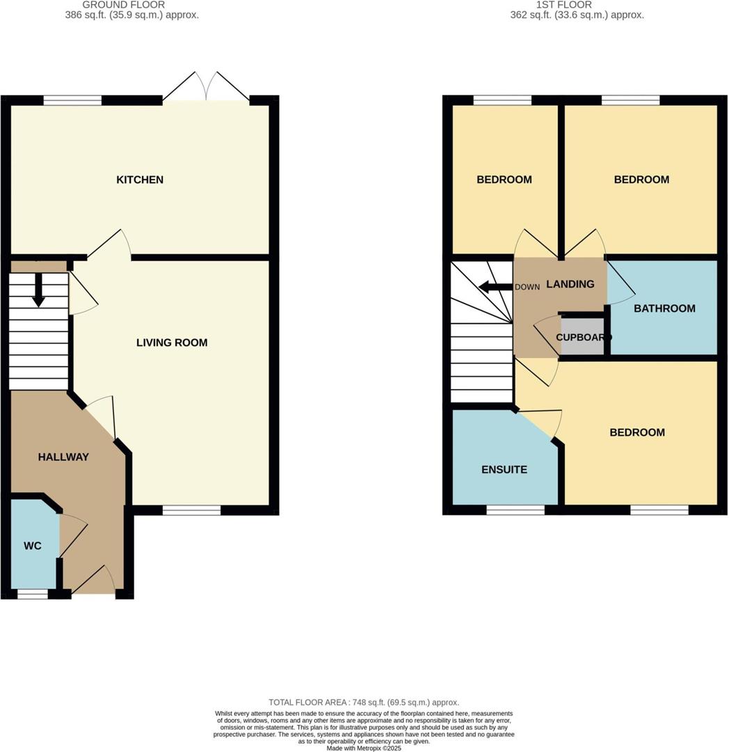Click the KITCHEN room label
coord(140,180)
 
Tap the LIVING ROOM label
coord(172,343)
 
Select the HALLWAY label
coord(63,457)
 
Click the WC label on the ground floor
coord(33,546)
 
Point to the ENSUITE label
coord(504,469)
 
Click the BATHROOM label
coord(664,308)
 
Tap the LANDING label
coord(570,284)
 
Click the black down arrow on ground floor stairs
coord(38,290)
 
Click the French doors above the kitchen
coord(207,88)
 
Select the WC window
coord(33,594)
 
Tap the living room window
coord(191,510)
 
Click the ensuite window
coord(515,510)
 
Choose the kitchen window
coord(72,100)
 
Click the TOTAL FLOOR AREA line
coord(364,703)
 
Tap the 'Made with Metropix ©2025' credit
coord(364,748)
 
